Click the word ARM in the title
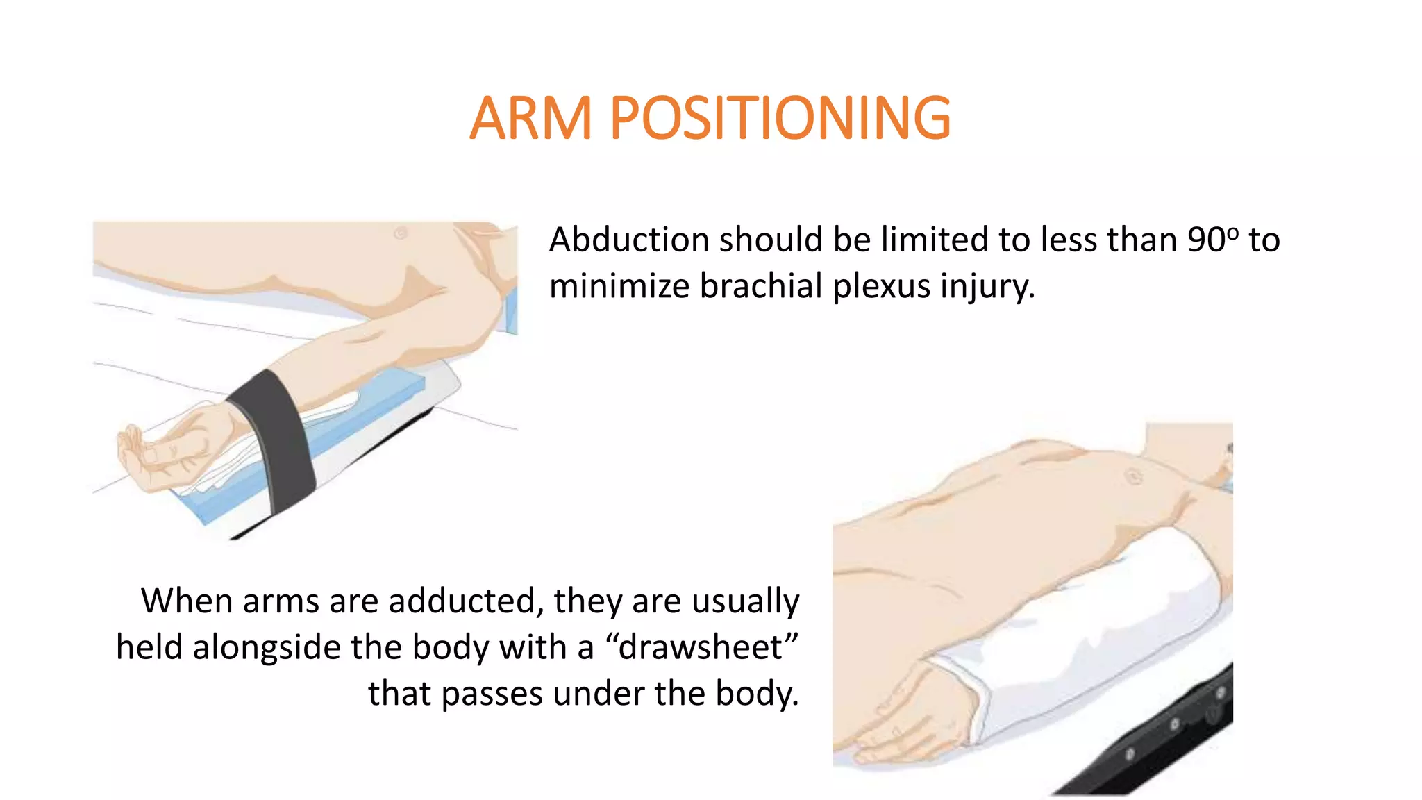click(530, 118)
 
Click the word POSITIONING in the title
click(780, 118)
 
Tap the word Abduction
click(628, 240)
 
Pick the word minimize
click(619, 286)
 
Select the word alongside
click(267, 647)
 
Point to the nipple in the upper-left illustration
click(401, 233)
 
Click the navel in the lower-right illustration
click(1133, 476)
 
